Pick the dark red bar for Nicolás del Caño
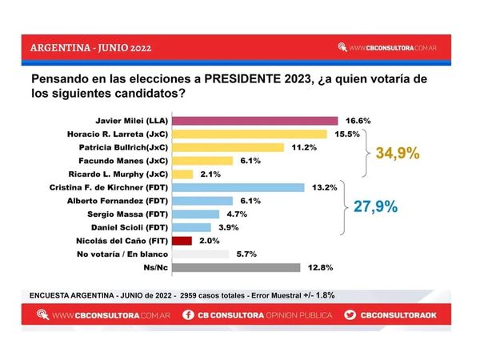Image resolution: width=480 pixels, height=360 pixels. pyautogui.click(x=182, y=241)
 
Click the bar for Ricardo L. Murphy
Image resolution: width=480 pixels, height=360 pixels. pyautogui.click(x=182, y=174)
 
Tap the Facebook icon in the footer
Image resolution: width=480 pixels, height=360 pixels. pyautogui.click(x=186, y=315)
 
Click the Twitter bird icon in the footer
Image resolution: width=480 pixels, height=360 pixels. pyautogui.click(x=349, y=315)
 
